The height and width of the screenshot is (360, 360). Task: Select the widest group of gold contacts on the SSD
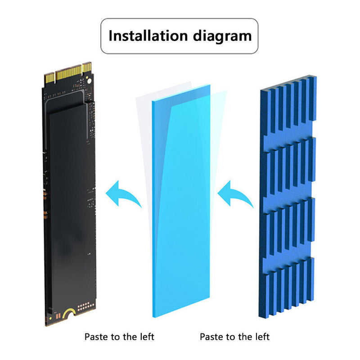pos(69,72)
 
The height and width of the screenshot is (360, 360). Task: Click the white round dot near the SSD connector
pos(89,81)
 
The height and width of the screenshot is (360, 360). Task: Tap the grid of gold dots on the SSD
pos(86,306)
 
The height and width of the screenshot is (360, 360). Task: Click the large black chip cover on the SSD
pos(72,207)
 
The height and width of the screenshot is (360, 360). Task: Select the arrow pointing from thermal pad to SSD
pos(123,193)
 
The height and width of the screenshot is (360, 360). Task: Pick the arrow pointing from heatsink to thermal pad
pos(235,193)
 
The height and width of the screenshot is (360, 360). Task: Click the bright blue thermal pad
pos(181,201)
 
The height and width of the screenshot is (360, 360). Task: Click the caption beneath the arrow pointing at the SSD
pos(119,337)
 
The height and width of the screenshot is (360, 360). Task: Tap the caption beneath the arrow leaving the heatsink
pos(234,337)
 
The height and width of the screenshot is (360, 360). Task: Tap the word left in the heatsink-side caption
pos(262,337)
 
